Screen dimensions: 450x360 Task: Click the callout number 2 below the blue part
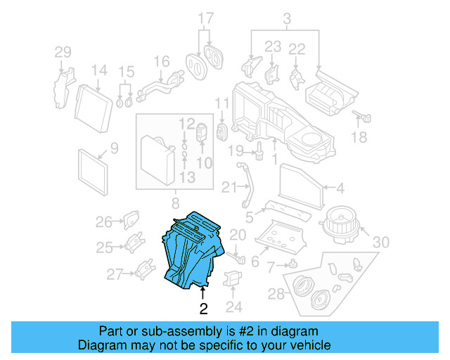(x=203, y=308)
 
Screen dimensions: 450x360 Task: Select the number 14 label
(x=99, y=70)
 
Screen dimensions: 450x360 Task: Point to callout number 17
(x=205, y=18)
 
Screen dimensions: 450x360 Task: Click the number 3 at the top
(x=287, y=17)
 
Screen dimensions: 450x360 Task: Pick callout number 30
(x=380, y=243)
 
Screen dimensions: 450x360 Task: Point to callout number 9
(x=113, y=148)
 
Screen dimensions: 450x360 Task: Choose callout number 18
(x=359, y=138)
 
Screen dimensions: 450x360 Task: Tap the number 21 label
(x=226, y=187)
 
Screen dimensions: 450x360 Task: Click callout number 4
(x=340, y=188)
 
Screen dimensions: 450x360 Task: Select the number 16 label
(x=162, y=61)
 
